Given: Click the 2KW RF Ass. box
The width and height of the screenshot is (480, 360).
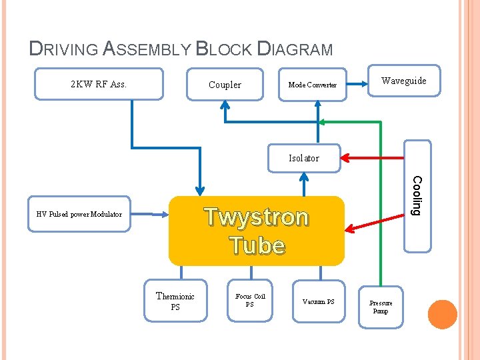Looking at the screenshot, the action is pyautogui.click(x=99, y=84).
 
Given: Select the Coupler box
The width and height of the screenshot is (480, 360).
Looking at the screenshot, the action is pyautogui.click(x=225, y=85).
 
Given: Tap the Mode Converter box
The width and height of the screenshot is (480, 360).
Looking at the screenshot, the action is pyautogui.click(x=313, y=85).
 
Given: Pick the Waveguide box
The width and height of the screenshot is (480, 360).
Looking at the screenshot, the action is pyautogui.click(x=404, y=81).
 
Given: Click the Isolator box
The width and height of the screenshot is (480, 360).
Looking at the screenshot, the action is pyautogui.click(x=304, y=158).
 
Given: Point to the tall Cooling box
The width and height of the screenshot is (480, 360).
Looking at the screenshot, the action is pyautogui.click(x=417, y=196).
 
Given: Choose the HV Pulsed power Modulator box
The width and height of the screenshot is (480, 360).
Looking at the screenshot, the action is pyautogui.click(x=79, y=214).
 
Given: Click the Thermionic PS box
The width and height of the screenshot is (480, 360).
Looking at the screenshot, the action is pyautogui.click(x=175, y=301).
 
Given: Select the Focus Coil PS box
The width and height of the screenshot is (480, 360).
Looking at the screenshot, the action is pyautogui.click(x=250, y=301).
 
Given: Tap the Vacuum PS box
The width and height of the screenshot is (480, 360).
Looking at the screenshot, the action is pyautogui.click(x=319, y=301).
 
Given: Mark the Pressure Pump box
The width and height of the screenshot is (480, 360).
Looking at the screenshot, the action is pyautogui.click(x=381, y=307).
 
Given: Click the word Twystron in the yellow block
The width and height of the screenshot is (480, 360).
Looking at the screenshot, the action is pyautogui.click(x=257, y=217).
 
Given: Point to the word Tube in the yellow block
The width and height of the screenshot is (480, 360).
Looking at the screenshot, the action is pyautogui.click(x=258, y=245).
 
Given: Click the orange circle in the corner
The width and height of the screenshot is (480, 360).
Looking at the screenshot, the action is pyautogui.click(x=443, y=315).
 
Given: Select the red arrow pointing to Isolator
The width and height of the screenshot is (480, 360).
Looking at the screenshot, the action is pyautogui.click(x=372, y=158).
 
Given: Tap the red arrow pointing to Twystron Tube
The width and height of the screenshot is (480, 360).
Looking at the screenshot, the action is pyautogui.click(x=375, y=223).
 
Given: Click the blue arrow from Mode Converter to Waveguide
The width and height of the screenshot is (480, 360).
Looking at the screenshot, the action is pyautogui.click(x=357, y=84).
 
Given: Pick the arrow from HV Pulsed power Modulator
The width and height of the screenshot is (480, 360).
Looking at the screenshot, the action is pyautogui.click(x=150, y=214).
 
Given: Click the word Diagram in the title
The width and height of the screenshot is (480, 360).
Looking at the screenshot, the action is pyautogui.click(x=295, y=49).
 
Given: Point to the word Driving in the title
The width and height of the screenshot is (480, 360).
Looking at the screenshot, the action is pyautogui.click(x=64, y=49).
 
